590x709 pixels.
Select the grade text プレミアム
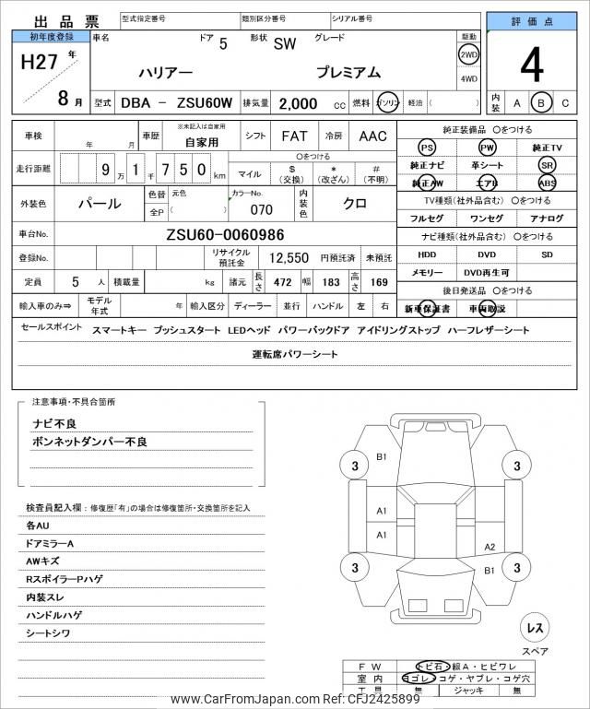pos(348,73)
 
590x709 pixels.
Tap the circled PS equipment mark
pos(426,148)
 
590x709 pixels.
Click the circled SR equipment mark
pos(548,164)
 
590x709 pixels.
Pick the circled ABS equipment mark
pos(548,182)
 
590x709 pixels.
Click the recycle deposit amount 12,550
pos(288,258)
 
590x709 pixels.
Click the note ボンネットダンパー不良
pos(90,443)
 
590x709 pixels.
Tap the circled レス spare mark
pos(534,628)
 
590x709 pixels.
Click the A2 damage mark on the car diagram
pos(490,547)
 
